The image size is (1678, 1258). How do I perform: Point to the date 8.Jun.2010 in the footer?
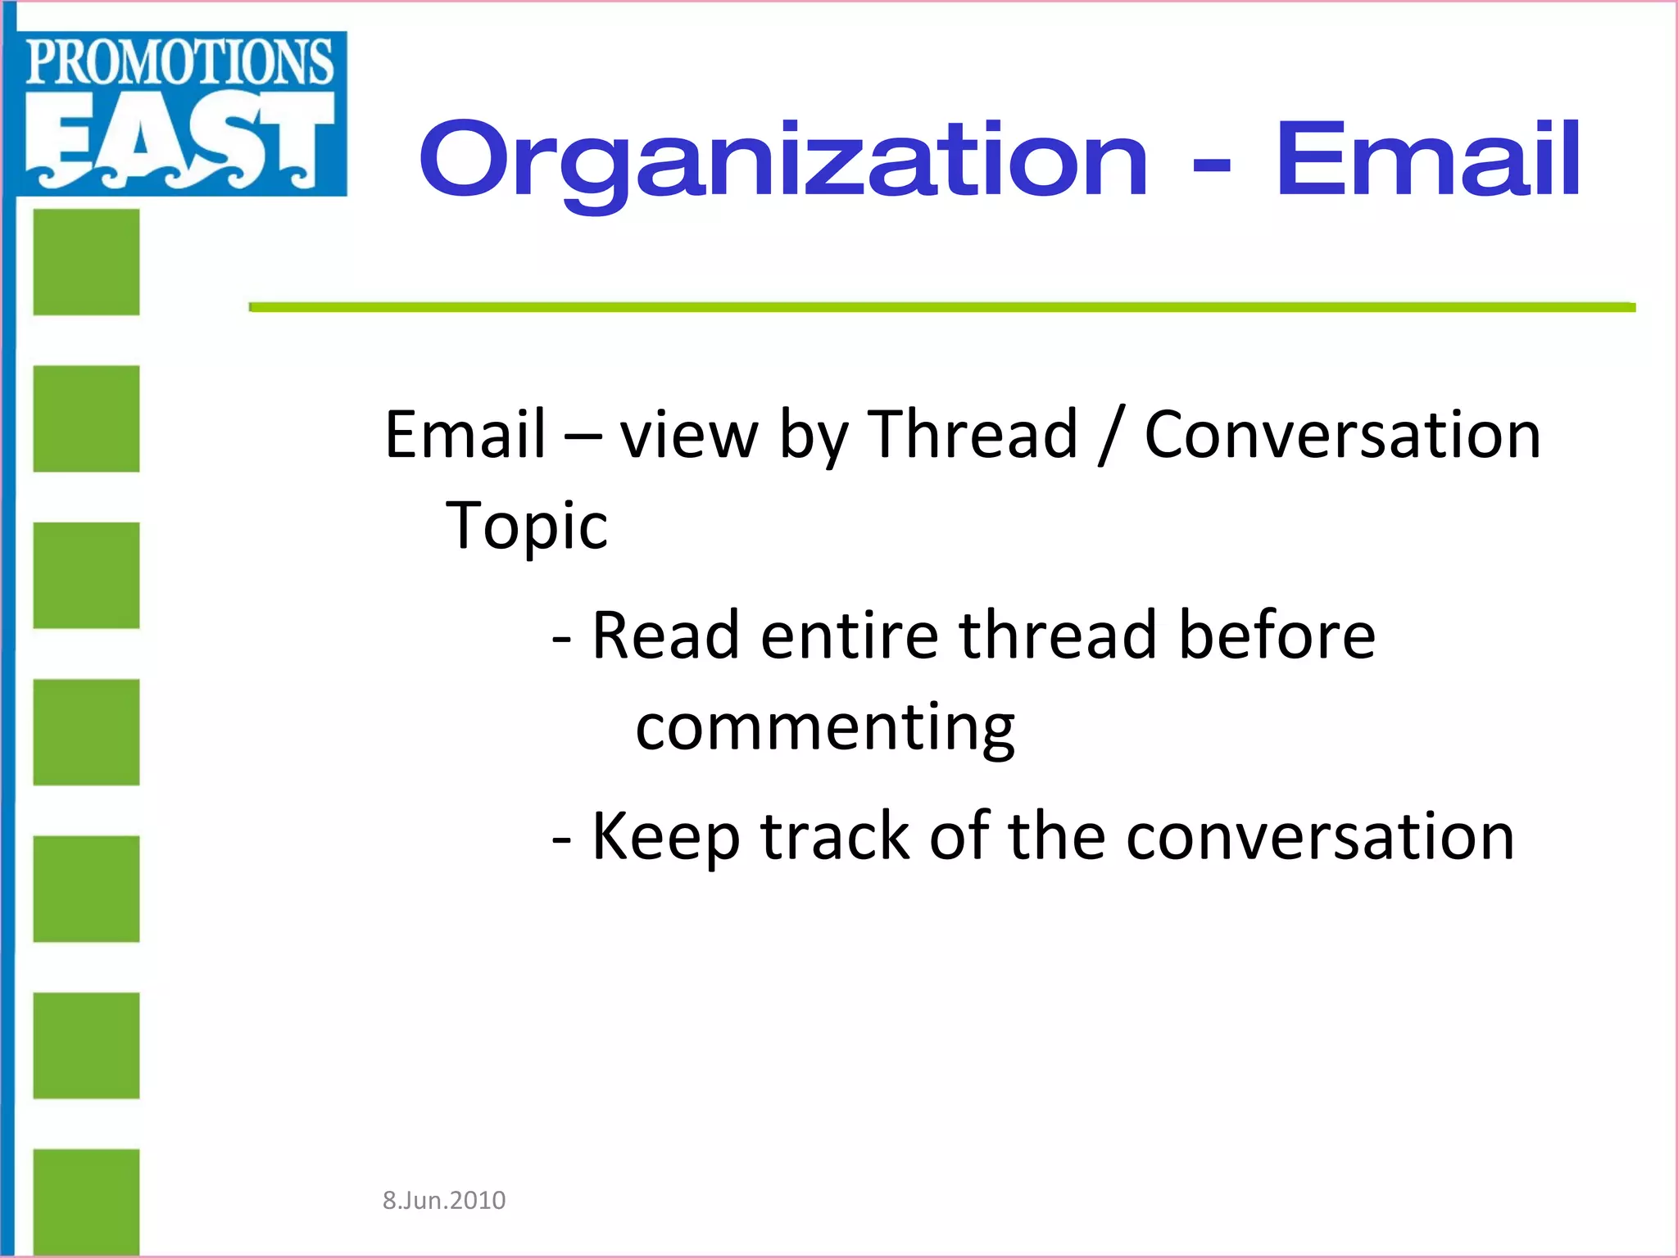click(444, 1201)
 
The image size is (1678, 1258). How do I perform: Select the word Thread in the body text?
click(972, 434)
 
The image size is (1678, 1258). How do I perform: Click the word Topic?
click(527, 525)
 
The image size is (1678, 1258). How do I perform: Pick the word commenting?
click(825, 727)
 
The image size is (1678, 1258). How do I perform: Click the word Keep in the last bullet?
click(665, 836)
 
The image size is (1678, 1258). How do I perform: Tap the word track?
click(835, 836)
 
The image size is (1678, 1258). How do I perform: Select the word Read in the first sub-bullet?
click(665, 636)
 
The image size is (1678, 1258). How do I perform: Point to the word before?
click(1277, 636)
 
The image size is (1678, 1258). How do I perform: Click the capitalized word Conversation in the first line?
click(1342, 434)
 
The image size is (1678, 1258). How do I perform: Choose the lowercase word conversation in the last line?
click(1320, 836)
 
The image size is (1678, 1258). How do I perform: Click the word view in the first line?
click(688, 434)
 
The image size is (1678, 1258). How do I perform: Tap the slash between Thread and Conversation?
click(1109, 436)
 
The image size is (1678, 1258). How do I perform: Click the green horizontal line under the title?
click(942, 307)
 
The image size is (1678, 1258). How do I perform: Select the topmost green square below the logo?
click(86, 262)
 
